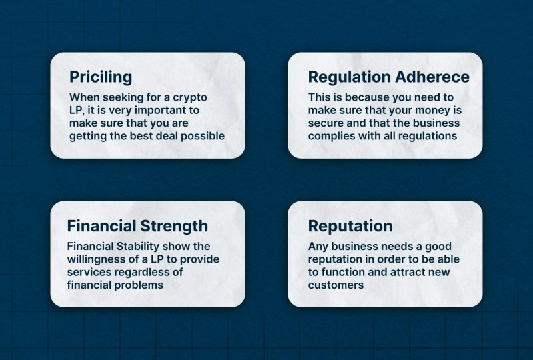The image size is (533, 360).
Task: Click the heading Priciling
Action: [x=101, y=77]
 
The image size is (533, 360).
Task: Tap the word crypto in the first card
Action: [x=190, y=97]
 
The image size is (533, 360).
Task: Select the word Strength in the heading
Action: [x=174, y=226]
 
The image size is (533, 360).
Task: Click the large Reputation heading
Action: [x=350, y=226]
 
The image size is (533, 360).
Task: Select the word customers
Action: [x=336, y=285]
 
